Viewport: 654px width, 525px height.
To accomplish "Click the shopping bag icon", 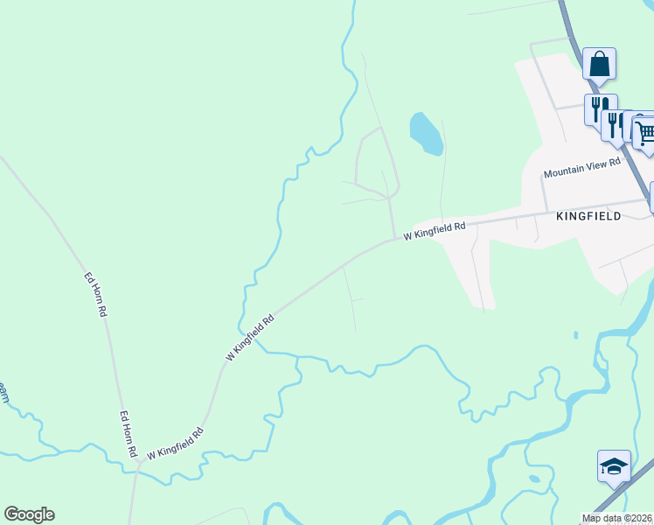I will point(599,64).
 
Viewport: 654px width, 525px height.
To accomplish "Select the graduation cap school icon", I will point(614,465).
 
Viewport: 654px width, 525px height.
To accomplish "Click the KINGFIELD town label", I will point(588,215).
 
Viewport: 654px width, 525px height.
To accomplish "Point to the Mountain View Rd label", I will point(581,168).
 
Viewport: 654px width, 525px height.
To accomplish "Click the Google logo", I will point(29,514).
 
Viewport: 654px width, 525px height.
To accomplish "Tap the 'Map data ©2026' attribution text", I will point(617,518).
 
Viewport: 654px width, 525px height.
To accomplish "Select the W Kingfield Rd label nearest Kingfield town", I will point(435,231).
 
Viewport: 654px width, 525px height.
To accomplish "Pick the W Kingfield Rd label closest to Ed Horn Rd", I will point(175,444).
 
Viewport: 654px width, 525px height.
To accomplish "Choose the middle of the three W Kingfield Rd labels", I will point(250,337).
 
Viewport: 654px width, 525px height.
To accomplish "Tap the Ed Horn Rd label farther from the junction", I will point(95,294).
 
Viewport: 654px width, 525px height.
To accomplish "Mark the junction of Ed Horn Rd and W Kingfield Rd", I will point(137,465).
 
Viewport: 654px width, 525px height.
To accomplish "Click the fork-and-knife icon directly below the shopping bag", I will point(600,108).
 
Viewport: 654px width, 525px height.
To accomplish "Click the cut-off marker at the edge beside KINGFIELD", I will point(651,197).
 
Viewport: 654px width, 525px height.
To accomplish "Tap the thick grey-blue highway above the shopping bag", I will point(570,26).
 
